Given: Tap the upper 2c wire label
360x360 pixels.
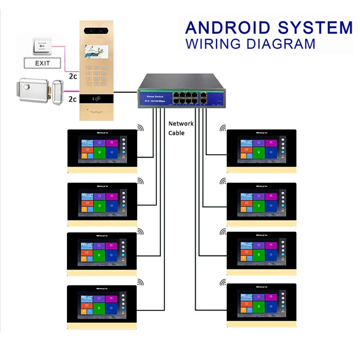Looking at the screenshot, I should pos(73,75).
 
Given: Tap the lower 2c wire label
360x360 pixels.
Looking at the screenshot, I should pos(73,98).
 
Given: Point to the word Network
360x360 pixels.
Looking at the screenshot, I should pos(181,124).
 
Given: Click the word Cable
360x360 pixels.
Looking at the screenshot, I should pos(176,133).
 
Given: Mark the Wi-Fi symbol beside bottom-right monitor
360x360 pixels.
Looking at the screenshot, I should pos(223,282).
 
